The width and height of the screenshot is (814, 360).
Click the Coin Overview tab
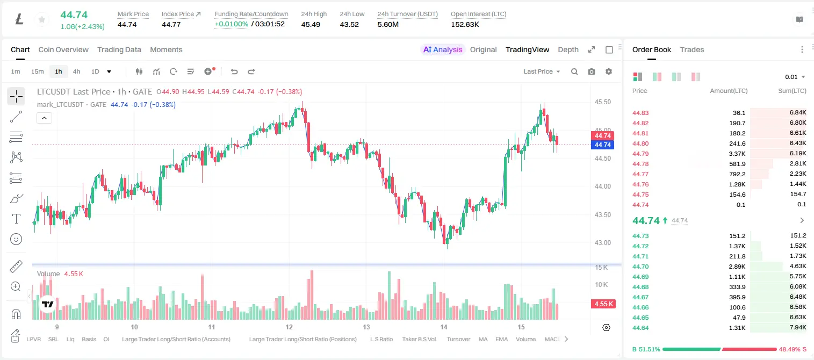pos(63,49)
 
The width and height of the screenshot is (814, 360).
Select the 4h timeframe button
pos(76,71)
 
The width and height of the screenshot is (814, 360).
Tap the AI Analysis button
pos(443,49)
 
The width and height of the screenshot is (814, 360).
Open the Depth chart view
pos(568,49)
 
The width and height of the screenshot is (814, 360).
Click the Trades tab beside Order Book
pos(692,49)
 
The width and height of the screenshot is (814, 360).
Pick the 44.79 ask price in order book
pos(640,154)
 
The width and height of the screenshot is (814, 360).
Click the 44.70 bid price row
pos(640,267)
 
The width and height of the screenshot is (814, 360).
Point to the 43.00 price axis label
pos(602,243)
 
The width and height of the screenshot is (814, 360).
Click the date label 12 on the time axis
pos(289,327)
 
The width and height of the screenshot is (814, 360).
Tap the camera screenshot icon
pos(592,71)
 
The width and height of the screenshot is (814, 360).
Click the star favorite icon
pos(42,19)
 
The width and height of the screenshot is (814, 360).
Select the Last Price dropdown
pos(542,71)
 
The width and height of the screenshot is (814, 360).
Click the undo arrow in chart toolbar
pos(234,71)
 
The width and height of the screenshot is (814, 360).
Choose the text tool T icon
pos(16,219)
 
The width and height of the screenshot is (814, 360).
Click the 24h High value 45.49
pos(311,24)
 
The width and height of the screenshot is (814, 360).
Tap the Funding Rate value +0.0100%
pos(231,24)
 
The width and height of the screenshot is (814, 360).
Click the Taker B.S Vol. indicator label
pos(419,339)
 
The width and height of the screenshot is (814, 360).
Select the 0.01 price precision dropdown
pos(795,77)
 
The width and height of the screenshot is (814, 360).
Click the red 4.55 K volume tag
pos(603,304)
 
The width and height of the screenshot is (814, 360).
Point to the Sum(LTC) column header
pos(792,90)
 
